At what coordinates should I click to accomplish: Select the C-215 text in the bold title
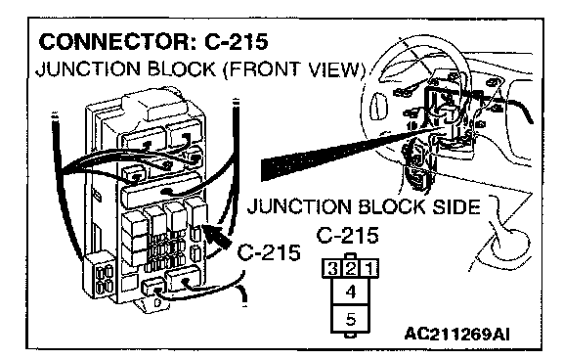237,41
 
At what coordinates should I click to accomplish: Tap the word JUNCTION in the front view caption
88,69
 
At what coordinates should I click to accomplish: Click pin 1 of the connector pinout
369,268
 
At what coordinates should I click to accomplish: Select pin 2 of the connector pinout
351,268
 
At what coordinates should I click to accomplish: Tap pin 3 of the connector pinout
331,268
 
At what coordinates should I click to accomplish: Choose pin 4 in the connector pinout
351,292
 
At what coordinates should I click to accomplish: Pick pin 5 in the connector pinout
351,319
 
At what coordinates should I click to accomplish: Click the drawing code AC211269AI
456,335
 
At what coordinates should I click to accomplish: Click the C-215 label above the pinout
347,236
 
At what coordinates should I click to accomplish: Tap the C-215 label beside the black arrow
269,252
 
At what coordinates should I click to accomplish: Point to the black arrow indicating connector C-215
218,235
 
